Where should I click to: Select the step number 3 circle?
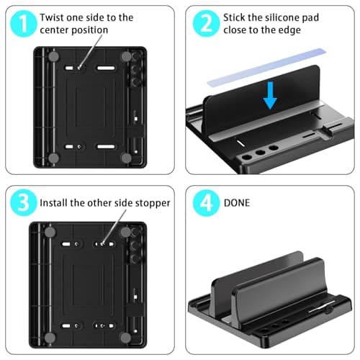pos(23,202)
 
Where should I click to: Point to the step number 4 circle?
pos(205,202)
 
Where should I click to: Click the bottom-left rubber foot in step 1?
pos(54,157)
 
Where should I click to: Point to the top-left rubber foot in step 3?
pos(54,233)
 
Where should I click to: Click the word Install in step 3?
pos(56,203)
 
